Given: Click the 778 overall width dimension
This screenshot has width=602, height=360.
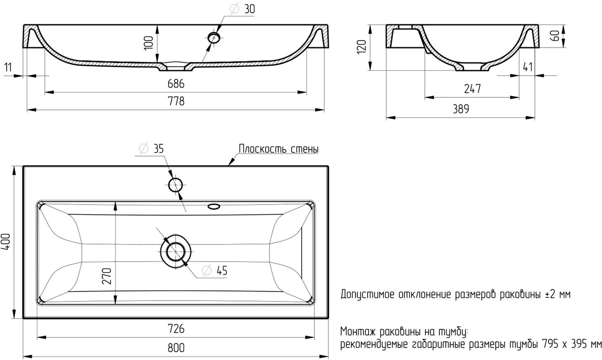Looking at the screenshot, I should tap(176, 101).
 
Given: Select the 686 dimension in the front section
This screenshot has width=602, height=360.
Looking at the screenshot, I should tap(176, 84).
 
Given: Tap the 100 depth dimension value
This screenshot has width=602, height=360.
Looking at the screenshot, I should tap(149, 43).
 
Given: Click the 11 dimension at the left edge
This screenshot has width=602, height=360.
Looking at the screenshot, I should tap(8, 67).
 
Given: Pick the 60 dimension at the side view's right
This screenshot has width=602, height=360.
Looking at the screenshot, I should tap(556, 36).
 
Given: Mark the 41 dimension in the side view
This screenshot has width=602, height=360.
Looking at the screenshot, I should tap(528, 66).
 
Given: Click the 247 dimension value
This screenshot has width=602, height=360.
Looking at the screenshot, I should tap(472, 89).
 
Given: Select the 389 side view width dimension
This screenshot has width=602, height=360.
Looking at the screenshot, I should tap(461, 109).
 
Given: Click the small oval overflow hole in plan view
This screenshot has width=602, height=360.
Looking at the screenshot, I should tap(214, 206).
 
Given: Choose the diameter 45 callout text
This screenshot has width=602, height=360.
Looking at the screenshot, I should tap(215, 270).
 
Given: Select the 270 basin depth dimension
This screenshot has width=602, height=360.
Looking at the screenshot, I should tap(106, 276).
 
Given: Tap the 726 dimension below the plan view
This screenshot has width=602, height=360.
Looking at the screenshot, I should tap(176, 329).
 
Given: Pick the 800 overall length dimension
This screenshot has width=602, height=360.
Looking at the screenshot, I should tap(176, 348).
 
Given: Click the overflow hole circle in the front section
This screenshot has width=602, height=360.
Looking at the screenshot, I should tap(214, 38).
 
